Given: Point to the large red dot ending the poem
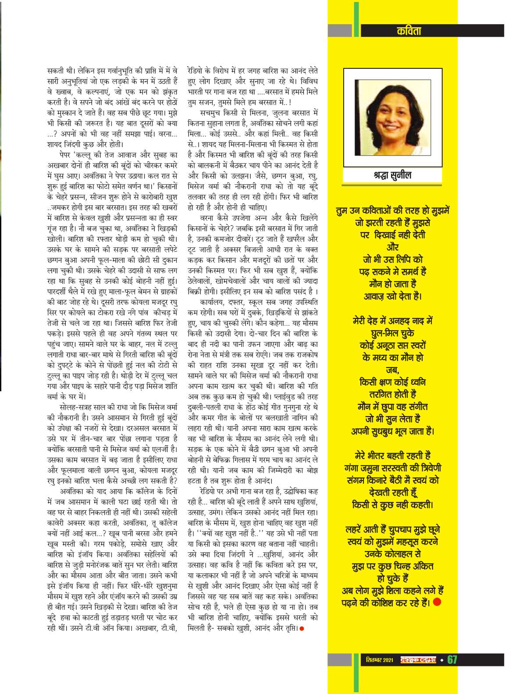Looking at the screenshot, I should pyautogui.click(x=437, y=602).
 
